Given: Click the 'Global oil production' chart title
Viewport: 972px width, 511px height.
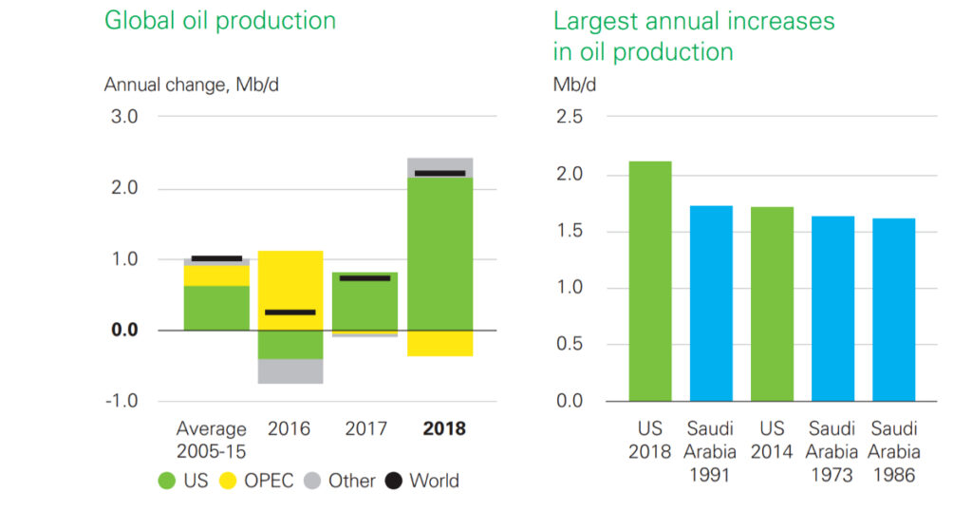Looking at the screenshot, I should click(x=219, y=21).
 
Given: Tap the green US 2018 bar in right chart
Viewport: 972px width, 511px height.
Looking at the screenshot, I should click(x=650, y=281).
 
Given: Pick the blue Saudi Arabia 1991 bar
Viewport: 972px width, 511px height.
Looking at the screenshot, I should click(x=711, y=303).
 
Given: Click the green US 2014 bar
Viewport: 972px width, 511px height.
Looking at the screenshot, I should click(x=772, y=304).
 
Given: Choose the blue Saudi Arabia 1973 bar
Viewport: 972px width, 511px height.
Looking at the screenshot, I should click(x=833, y=309).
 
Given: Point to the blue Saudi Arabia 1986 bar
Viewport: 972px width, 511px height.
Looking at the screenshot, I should click(x=894, y=310).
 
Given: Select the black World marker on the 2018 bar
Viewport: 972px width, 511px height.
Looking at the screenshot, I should click(x=440, y=173).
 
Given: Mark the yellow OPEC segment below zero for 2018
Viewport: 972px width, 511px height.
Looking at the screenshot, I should click(x=440, y=343).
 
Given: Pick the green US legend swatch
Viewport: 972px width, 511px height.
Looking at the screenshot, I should click(x=167, y=481).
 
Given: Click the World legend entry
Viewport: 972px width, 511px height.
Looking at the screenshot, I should click(x=421, y=481).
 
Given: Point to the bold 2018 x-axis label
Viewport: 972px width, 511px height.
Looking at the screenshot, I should click(x=444, y=429).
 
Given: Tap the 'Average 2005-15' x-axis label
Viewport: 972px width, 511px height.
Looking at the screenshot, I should click(x=211, y=439).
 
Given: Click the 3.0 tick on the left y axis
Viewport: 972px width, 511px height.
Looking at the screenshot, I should click(x=125, y=117).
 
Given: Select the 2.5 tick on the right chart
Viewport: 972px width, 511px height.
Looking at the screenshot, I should click(x=568, y=117).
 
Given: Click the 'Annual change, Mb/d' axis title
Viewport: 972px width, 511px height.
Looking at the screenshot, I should click(x=192, y=85).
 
